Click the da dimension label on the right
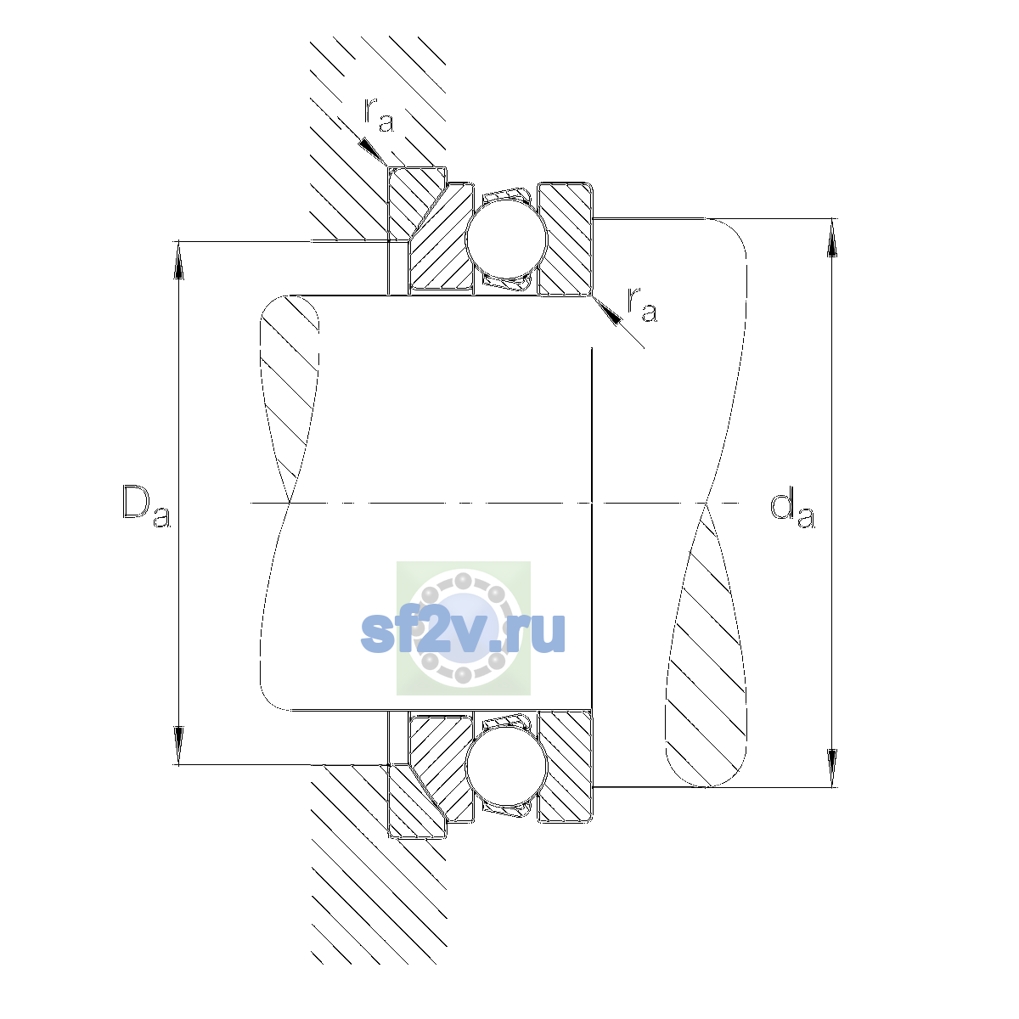[x=792, y=510]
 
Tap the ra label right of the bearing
[x=642, y=305]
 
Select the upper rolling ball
[x=506, y=239]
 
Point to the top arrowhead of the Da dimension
[x=178, y=259]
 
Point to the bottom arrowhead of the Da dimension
[x=178, y=746]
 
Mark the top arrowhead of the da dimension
[x=832, y=237]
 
